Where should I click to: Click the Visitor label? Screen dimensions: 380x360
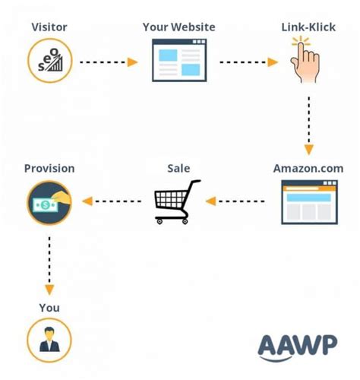click(49, 27)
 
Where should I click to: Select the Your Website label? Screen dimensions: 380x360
click(178, 27)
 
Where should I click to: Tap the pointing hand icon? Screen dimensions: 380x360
click(306, 61)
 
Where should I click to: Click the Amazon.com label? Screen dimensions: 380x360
click(308, 168)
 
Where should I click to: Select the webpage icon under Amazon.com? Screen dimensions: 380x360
click(308, 201)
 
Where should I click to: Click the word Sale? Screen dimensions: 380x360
click(178, 168)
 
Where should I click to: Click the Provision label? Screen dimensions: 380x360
click(49, 168)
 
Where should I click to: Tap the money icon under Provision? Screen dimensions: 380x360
click(49, 201)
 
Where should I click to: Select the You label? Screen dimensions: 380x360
click(49, 308)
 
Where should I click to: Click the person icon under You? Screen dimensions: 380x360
click(49, 340)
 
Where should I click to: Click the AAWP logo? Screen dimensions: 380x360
click(297, 345)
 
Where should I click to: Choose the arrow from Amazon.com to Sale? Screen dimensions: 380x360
click(235, 201)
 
